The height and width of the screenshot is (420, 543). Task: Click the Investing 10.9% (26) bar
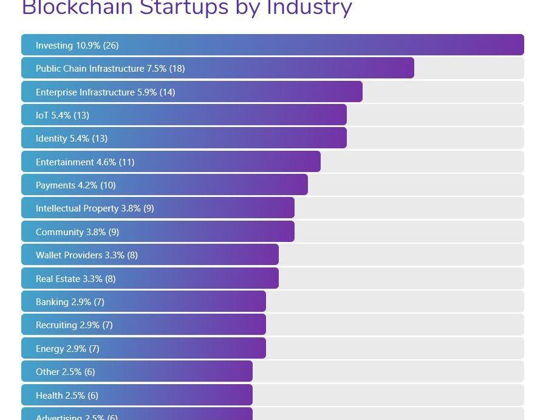coord(272,45)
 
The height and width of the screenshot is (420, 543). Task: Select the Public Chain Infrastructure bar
coord(217,68)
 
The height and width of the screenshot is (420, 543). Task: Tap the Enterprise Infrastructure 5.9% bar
coord(191,92)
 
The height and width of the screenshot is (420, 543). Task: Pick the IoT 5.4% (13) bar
coord(183,115)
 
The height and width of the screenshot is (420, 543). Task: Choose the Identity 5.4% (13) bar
coord(183,138)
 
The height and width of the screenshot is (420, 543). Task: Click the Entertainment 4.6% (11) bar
coord(171,162)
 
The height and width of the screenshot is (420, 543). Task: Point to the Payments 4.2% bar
coord(164,185)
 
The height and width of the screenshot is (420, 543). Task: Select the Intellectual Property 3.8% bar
coord(157,208)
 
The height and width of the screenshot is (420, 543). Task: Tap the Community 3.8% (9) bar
coord(157,232)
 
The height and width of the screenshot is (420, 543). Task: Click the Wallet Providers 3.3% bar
coord(149,255)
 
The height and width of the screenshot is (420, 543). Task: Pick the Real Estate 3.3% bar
coord(149,278)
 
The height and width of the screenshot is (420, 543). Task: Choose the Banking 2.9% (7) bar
coord(143,301)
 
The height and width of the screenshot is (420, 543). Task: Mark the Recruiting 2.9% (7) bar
coord(143,325)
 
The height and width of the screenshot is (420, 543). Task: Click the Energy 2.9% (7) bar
coord(143,348)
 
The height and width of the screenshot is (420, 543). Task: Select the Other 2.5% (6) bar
coord(137,371)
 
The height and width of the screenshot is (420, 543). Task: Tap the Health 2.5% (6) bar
coord(137,395)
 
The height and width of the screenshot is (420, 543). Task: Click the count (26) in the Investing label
coord(111,46)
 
